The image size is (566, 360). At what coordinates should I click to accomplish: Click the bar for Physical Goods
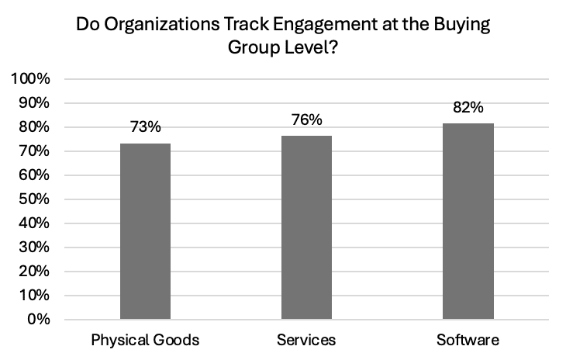tap(145, 231)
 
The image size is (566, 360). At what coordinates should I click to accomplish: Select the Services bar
tap(306, 227)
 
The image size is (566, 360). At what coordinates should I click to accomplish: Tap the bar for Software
tap(468, 221)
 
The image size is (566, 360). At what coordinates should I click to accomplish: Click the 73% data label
tap(146, 126)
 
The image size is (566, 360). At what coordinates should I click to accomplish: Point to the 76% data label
tap(307, 119)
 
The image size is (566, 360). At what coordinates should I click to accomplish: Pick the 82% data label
tap(468, 107)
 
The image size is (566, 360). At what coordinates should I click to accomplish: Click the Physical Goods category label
tap(145, 340)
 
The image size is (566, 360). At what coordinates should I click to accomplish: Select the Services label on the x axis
tap(306, 340)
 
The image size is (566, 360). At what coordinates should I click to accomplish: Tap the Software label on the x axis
tap(468, 340)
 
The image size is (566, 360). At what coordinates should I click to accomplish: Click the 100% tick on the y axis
tap(31, 78)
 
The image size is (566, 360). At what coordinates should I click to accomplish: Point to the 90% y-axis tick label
tap(34, 103)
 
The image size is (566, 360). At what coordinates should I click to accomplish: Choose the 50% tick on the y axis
tap(34, 199)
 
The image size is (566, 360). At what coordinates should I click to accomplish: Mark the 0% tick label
tap(39, 319)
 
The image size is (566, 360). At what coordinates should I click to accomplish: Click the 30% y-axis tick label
tap(34, 247)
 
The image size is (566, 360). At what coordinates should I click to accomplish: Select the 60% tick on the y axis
tap(34, 175)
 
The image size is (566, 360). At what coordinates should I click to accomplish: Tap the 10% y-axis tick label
tap(34, 296)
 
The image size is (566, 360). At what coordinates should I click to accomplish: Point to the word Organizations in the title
tap(161, 25)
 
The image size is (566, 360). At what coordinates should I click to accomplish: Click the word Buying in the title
tap(461, 26)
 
